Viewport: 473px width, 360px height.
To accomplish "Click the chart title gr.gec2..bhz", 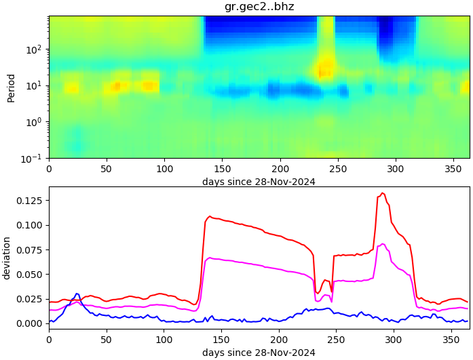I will click(259, 7).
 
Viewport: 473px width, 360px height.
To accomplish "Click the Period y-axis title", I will click(11, 87).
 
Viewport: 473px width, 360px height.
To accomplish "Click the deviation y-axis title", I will click(7, 258).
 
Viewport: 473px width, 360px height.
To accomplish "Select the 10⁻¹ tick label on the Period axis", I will click(35, 159).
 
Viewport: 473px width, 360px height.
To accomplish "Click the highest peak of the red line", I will click(382, 193).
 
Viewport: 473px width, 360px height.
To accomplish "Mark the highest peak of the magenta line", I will click(383, 244).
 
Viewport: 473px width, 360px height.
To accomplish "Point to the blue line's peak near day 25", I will click(77, 294).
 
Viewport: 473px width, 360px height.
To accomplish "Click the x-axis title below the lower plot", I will click(259, 353).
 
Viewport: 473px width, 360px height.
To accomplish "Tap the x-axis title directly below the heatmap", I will click(259, 182).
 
